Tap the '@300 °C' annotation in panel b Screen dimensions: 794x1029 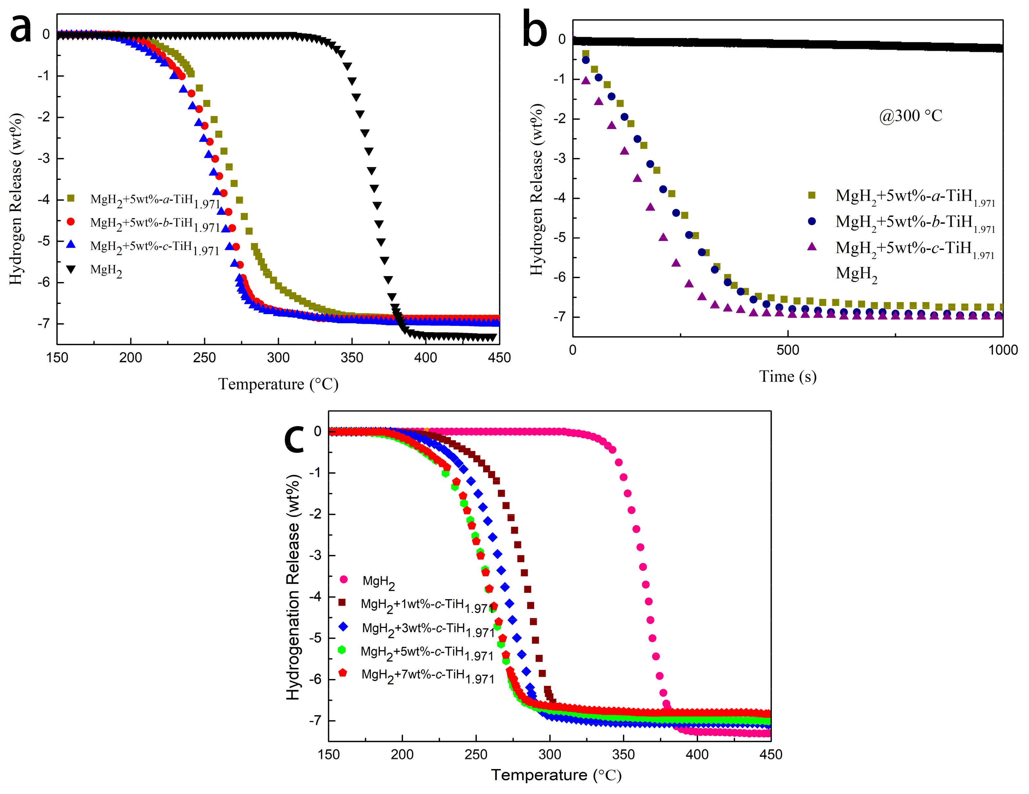910,116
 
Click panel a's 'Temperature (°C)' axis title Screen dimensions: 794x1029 278,384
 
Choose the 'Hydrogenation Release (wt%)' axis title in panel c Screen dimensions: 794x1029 293,587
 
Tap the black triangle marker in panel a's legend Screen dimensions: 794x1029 71,269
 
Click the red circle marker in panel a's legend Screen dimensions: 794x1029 71,221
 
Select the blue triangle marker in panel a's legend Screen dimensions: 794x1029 71,244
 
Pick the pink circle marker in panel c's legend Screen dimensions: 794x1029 343,580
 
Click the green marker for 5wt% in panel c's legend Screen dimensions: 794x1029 342,650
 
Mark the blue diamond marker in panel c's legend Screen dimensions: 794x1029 343,626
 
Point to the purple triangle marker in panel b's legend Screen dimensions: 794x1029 812,247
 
